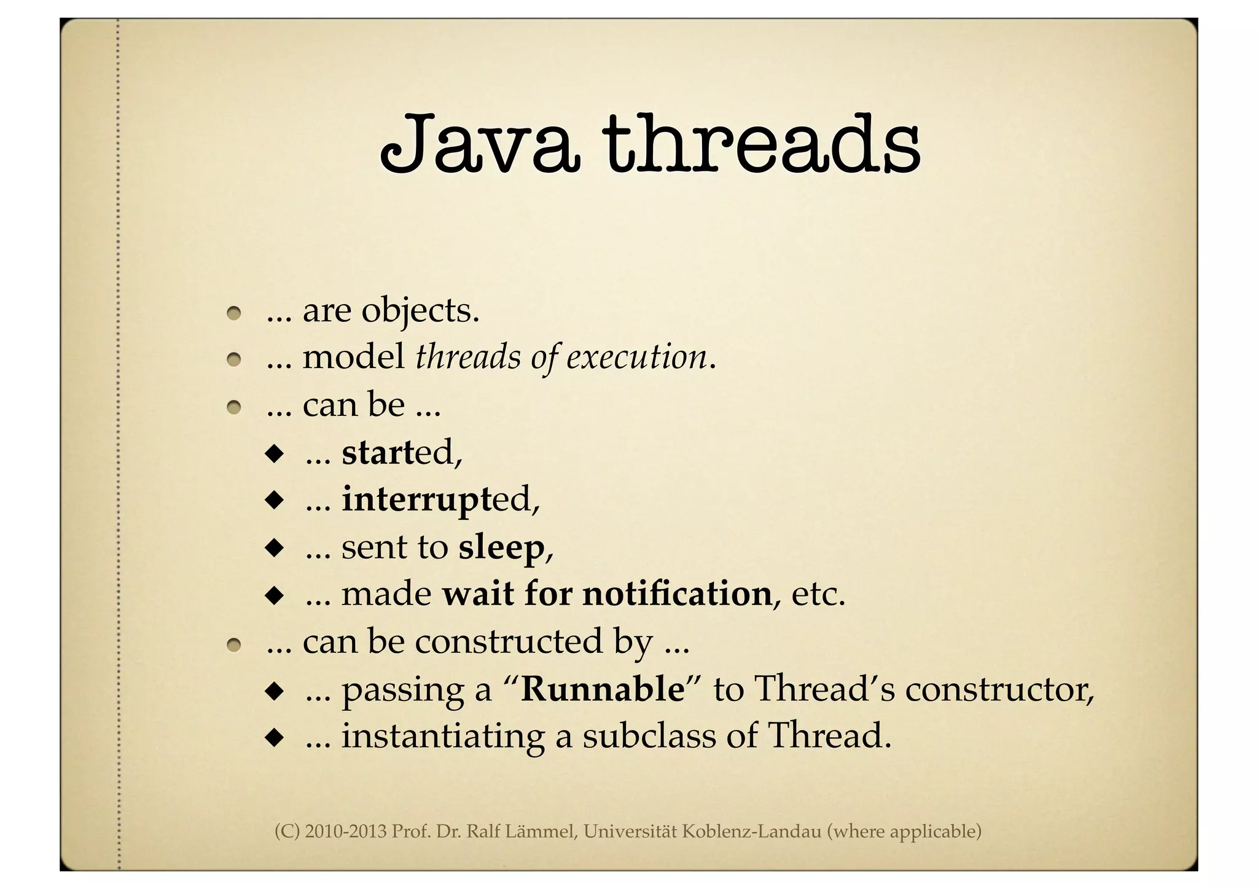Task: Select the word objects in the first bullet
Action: [420, 311]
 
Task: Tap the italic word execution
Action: [636, 358]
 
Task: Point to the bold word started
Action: [402, 453]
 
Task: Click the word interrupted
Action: [440, 499]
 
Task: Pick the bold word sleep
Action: [501, 547]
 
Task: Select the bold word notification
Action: [677, 594]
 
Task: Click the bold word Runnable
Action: [603, 689]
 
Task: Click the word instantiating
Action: [443, 737]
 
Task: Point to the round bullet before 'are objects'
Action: [233, 313]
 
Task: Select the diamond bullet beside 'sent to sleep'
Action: [274, 547]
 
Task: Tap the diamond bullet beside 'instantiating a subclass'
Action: [274, 737]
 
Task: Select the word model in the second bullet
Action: [354, 358]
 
